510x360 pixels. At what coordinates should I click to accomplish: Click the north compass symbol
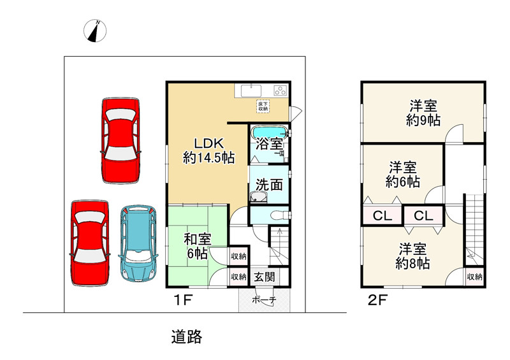coord(95,31)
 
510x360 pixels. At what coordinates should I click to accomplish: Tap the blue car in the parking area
coord(138,243)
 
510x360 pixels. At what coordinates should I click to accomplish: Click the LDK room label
coord(208,150)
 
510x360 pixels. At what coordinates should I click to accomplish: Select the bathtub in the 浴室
coord(269,133)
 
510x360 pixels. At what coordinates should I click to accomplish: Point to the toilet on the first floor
coord(279,215)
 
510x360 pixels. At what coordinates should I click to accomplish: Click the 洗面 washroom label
coord(269,185)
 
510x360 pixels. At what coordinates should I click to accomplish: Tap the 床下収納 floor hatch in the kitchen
coord(263,106)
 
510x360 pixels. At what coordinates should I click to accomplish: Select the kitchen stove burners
coord(280,90)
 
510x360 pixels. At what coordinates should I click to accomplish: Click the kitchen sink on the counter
coord(251,90)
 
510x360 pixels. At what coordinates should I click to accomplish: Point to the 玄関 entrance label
coord(265,277)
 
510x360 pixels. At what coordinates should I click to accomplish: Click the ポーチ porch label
coord(264,300)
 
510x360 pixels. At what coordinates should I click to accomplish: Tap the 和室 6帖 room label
coord(198,246)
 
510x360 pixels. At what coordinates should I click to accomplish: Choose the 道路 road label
coord(187,337)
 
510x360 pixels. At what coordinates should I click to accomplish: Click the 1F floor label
coord(184,300)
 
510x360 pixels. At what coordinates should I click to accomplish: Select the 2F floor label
coord(377,300)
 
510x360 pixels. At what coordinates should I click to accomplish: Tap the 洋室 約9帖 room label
coord(423,113)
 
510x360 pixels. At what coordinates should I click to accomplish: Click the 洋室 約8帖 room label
coord(412,256)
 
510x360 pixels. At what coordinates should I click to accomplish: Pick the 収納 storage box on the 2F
coord(474,277)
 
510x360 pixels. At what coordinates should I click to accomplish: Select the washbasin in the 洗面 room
coord(259,197)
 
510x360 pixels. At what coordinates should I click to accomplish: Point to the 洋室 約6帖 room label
coord(403,175)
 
